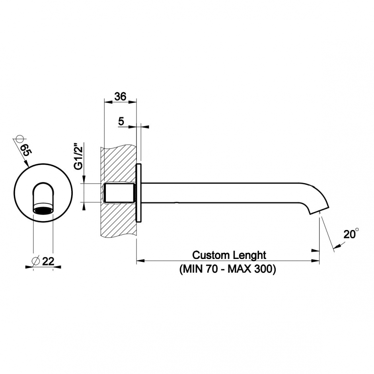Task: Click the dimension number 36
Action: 120,97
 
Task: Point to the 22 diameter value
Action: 48,261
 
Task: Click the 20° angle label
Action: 351,235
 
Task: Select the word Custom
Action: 210,255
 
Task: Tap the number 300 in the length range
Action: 264,269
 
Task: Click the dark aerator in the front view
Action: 43,210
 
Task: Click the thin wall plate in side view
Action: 139,193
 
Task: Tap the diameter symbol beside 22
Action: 35,261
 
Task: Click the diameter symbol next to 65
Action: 17,139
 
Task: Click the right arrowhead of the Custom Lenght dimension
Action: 316,261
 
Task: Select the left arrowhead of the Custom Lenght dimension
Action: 140,261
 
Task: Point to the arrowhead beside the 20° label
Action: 337,246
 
